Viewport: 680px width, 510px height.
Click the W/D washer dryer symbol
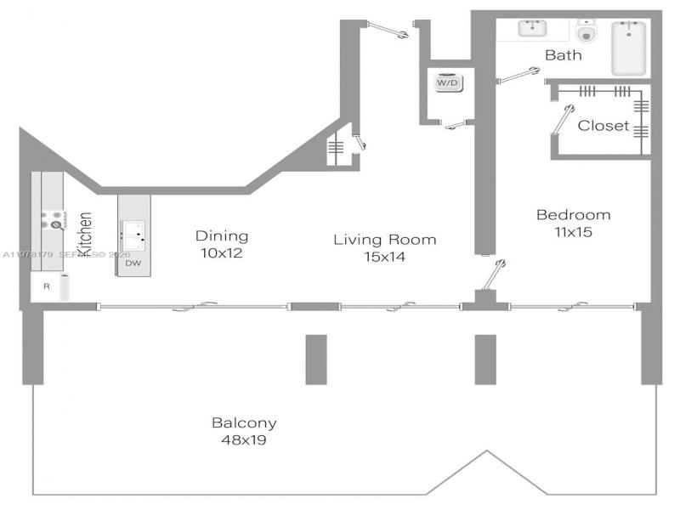pos(447,83)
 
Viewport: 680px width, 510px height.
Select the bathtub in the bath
pos(629,48)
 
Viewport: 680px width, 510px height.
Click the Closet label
pos(603,126)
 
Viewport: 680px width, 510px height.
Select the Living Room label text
pos(384,240)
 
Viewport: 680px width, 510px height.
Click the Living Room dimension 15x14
pos(384,256)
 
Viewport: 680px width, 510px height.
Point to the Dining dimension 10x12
pos(221,252)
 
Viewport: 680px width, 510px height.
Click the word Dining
pos(221,236)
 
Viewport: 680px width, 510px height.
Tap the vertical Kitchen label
pos(85,235)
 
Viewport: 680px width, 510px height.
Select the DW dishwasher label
pos(133,263)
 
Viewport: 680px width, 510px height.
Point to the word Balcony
pos(244,422)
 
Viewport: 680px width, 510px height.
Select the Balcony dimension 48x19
pos(244,440)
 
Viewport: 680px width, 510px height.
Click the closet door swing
pos(563,118)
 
